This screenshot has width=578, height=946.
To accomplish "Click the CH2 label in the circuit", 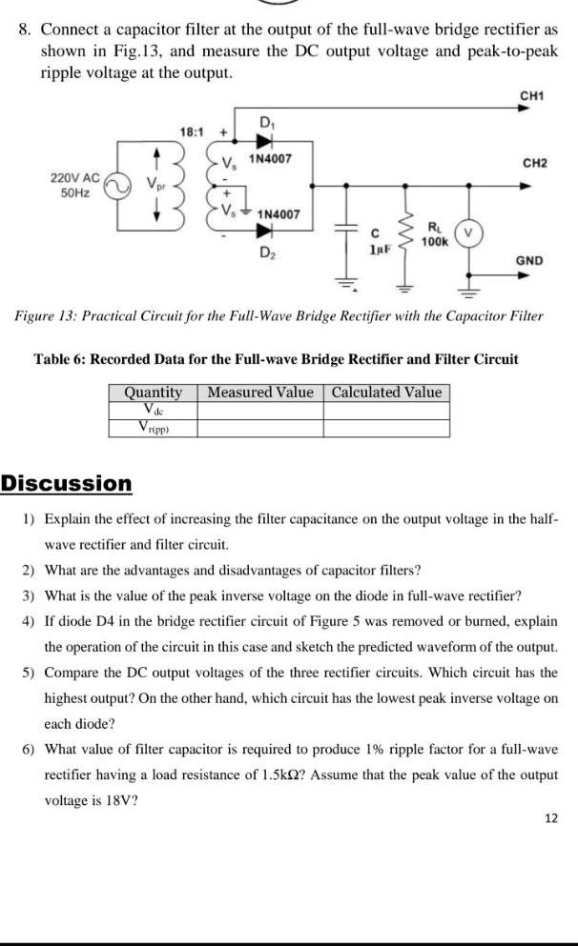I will (x=531, y=163).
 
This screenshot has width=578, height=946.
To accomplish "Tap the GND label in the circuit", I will (x=529, y=260).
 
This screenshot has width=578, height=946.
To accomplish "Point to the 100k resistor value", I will (x=435, y=242).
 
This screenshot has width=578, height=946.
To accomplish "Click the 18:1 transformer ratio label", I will (x=194, y=130).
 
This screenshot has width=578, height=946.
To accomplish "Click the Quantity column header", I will (x=153, y=392).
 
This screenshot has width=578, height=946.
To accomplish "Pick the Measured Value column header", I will (x=259, y=392).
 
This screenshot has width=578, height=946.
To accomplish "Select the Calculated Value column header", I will (x=386, y=392).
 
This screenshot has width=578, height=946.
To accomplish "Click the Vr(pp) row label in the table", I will (x=153, y=428).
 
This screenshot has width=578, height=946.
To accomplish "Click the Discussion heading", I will (x=67, y=483).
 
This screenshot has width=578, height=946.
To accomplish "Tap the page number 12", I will (x=551, y=817).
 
